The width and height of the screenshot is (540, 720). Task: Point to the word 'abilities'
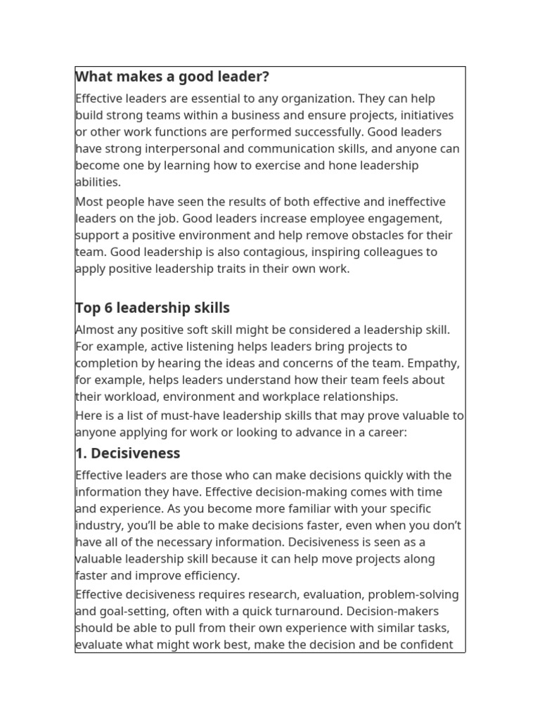(98, 182)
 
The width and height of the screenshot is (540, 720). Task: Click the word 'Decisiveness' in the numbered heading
(136, 453)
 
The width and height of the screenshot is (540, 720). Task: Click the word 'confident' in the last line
(425, 645)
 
